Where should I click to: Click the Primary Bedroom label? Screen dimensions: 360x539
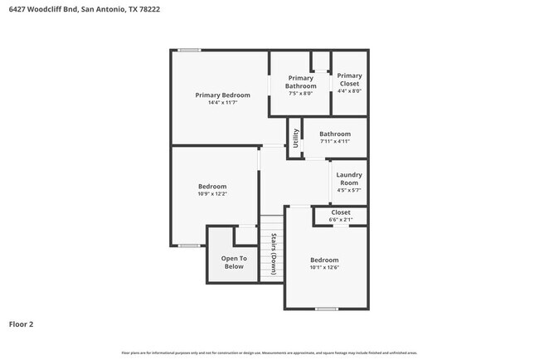pyautogui.click(x=222, y=95)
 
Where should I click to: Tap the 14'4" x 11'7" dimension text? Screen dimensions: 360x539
pyautogui.click(x=222, y=103)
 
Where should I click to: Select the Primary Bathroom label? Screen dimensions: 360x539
pyautogui.click(x=300, y=82)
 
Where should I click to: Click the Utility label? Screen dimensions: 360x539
pyautogui.click(x=294, y=138)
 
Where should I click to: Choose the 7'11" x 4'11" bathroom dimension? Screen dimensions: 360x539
pyautogui.click(x=335, y=141)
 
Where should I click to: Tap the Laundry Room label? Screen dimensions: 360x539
pyautogui.click(x=349, y=178)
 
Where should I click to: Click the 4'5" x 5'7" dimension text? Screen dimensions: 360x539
pyautogui.click(x=349, y=190)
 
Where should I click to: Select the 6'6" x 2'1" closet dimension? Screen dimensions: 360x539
pyautogui.click(x=341, y=220)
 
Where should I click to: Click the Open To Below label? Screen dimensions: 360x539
pyautogui.click(x=233, y=262)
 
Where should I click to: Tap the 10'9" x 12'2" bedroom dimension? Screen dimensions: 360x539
pyautogui.click(x=212, y=194)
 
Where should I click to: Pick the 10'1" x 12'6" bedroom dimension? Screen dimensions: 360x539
pyautogui.click(x=324, y=267)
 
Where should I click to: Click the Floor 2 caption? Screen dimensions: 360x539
pyautogui.click(x=22, y=324)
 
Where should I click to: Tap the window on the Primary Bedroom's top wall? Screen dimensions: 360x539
pyautogui.click(x=189, y=51)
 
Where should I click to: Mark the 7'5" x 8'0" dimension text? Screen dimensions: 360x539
pyautogui.click(x=300, y=94)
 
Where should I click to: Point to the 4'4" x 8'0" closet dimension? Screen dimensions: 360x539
pyautogui.click(x=349, y=91)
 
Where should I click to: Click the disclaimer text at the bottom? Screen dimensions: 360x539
pyautogui.click(x=269, y=352)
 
